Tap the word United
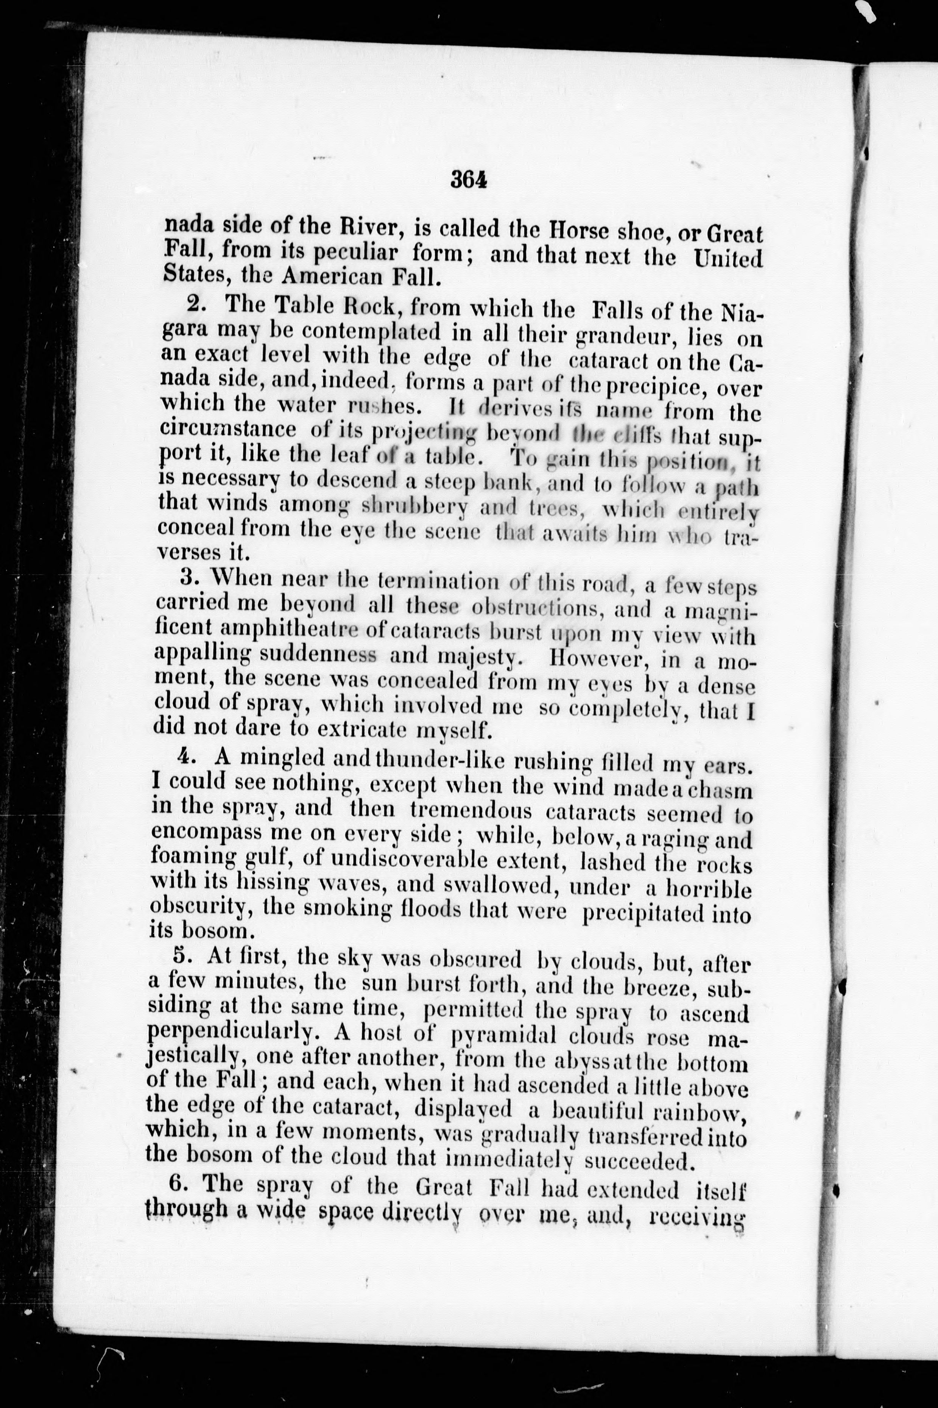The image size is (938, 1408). coord(728,259)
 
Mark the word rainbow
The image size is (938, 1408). coord(701,1113)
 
